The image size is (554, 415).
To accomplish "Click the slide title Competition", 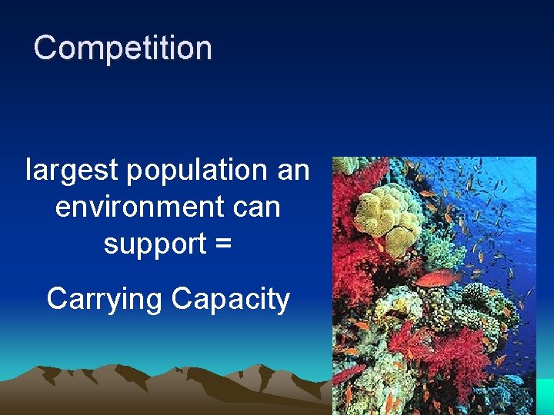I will coord(122,48).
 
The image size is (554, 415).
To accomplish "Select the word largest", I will coord(72,170).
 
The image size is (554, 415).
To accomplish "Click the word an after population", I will coord(293,170).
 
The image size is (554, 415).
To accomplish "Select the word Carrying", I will coord(105,299).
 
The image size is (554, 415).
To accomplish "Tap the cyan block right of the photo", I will coord(545,396).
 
